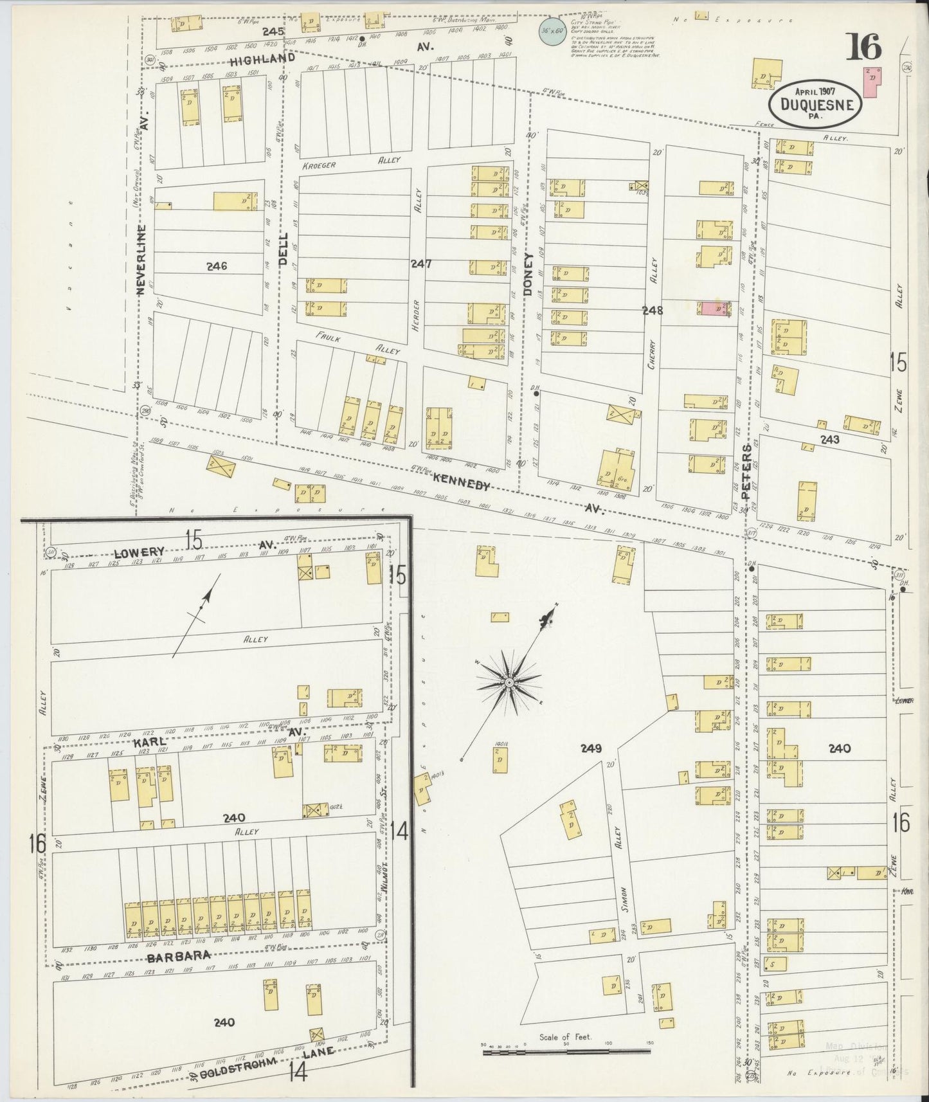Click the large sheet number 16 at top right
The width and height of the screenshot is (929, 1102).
tap(863, 47)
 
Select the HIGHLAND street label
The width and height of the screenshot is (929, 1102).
tap(262, 59)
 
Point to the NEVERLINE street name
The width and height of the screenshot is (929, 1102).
tap(142, 259)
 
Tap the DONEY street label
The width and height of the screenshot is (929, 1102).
tap(528, 275)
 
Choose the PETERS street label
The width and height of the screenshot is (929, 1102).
tap(746, 473)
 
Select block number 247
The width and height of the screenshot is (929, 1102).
tap(421, 264)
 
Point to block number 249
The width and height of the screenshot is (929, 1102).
tap(590, 748)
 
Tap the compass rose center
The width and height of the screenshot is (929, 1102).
tap(509, 682)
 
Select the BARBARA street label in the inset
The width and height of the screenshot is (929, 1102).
tap(179, 956)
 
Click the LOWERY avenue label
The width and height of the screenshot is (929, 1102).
tap(139, 552)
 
